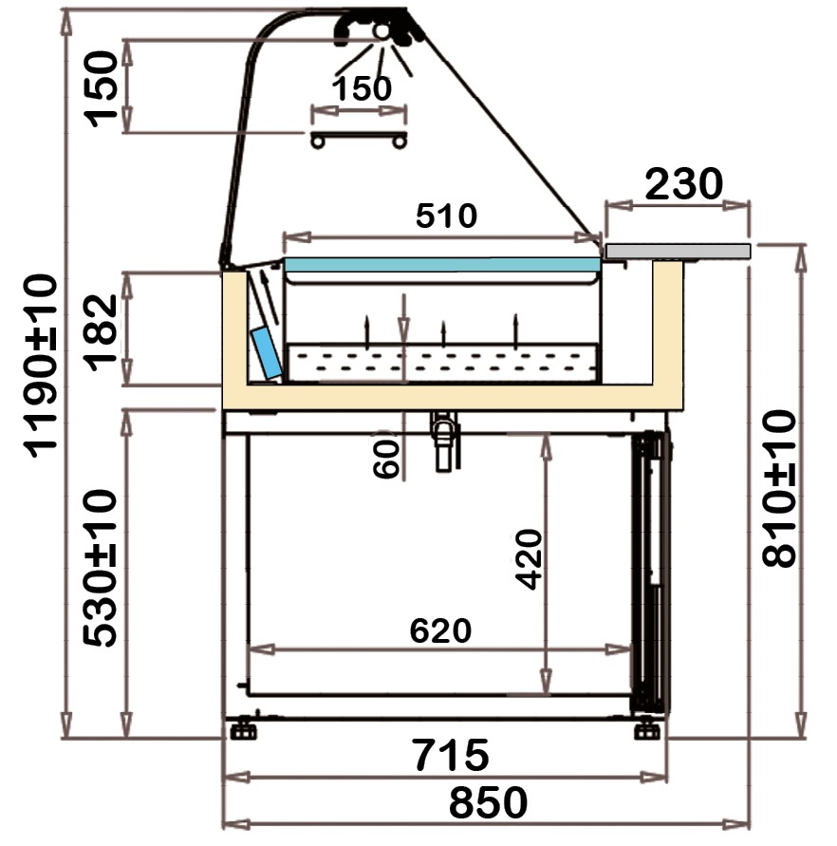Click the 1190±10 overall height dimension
[x=40, y=366]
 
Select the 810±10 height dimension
[x=779, y=488]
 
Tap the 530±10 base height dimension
[x=100, y=568]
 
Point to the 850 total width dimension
[x=488, y=802]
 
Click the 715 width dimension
[x=451, y=756]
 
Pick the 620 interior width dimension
[x=440, y=630]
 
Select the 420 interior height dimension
[x=529, y=559]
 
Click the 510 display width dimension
[x=447, y=216]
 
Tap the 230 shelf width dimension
[x=684, y=184]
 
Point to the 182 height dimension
[x=101, y=333]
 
